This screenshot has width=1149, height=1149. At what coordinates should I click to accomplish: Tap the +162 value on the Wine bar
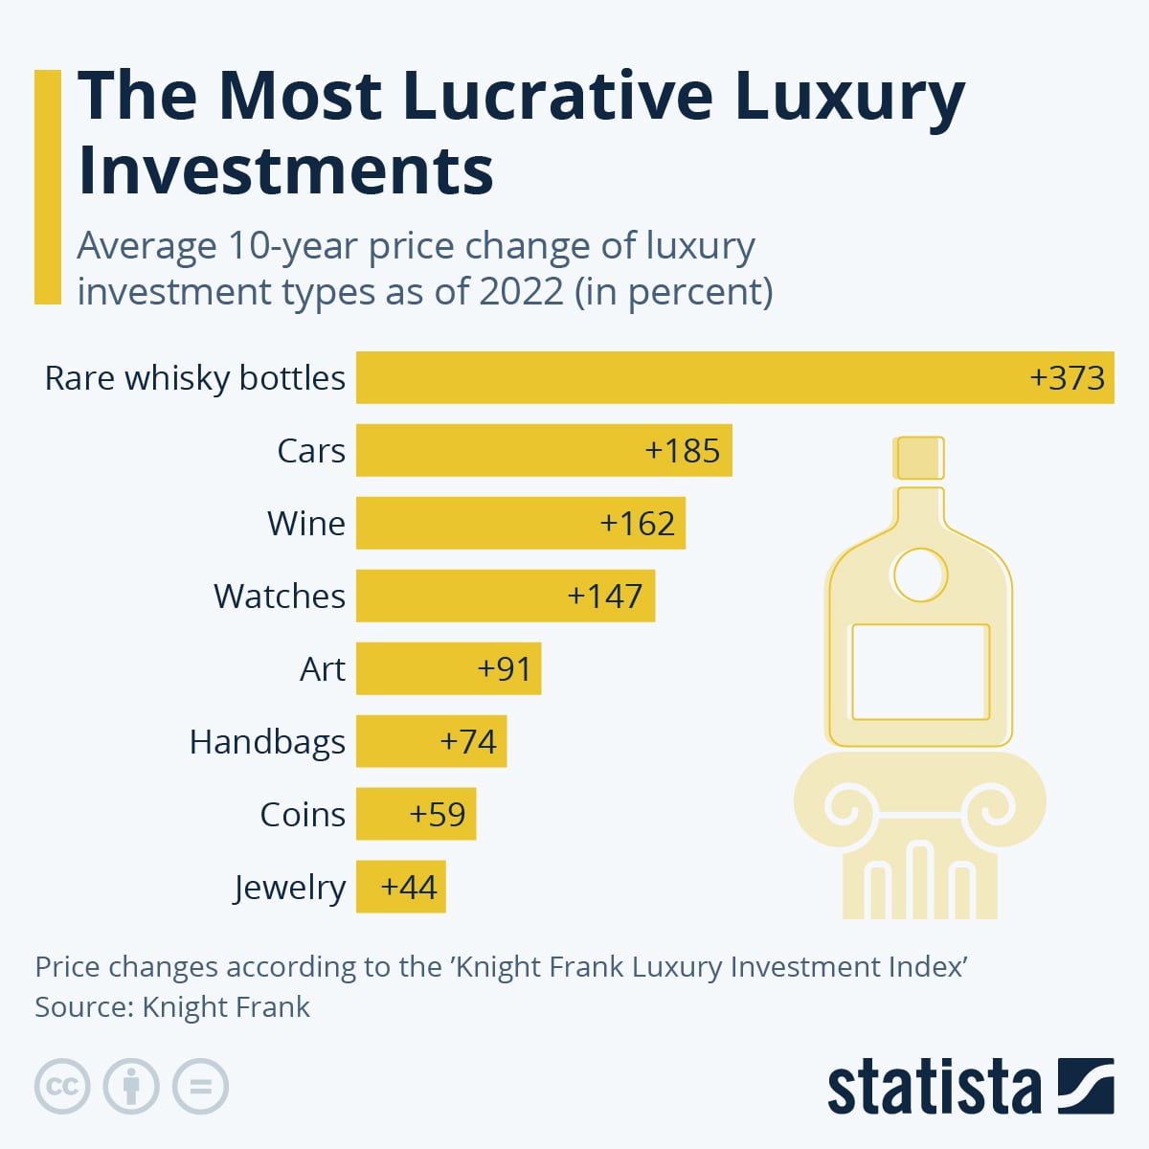(x=637, y=523)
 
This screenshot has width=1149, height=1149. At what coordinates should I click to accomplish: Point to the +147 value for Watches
(x=604, y=596)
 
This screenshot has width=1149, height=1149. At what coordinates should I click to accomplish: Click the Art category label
(x=322, y=668)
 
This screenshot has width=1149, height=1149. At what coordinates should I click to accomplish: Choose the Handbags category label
(x=267, y=742)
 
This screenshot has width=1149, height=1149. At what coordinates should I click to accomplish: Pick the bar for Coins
(x=393, y=814)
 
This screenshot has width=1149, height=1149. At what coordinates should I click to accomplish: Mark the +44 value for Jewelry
(x=409, y=887)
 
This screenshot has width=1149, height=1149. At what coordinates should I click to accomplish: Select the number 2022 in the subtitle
(x=521, y=291)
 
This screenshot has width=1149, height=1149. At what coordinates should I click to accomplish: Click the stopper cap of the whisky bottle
(x=919, y=458)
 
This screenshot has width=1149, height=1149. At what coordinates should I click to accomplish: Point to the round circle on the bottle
(x=919, y=575)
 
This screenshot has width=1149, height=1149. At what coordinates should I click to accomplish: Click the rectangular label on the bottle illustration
(x=920, y=672)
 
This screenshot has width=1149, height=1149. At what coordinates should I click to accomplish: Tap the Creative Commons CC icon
(x=62, y=1086)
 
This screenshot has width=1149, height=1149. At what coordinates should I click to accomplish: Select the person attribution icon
(x=131, y=1086)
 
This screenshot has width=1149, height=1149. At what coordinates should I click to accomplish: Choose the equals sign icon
(x=200, y=1086)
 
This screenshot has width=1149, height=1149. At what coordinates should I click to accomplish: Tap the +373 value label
(x=1067, y=377)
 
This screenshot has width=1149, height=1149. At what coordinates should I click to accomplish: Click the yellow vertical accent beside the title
(x=47, y=187)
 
